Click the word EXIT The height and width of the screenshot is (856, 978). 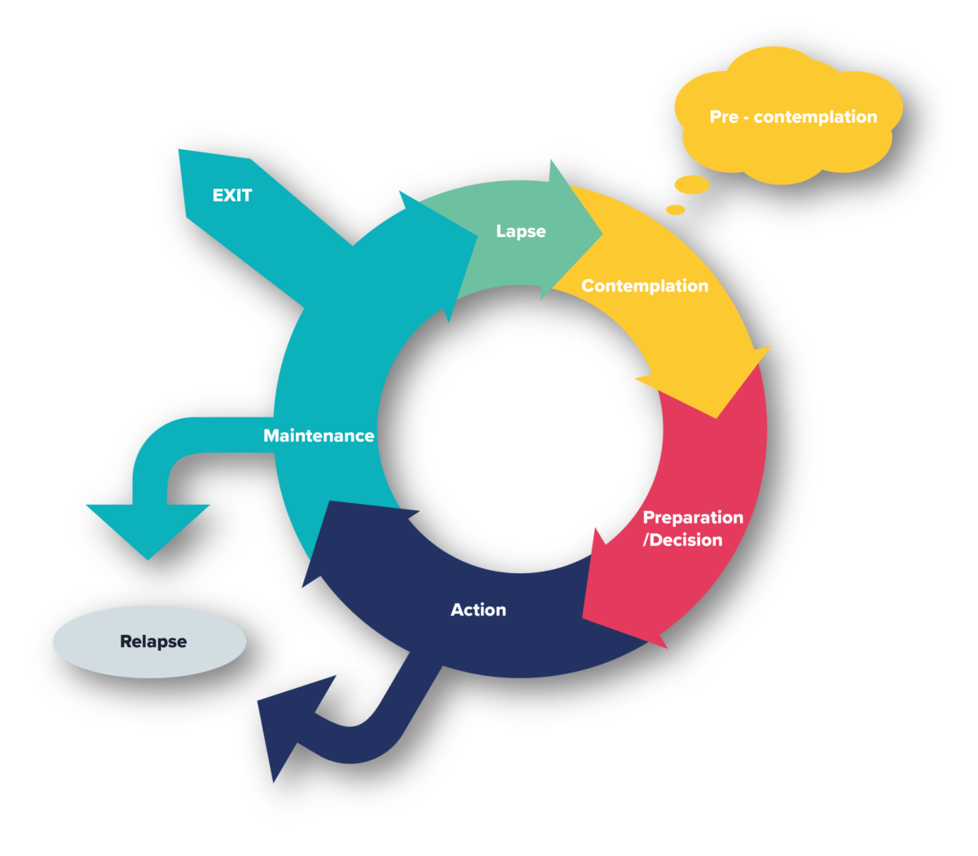[x=232, y=196]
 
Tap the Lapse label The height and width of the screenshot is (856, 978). [x=521, y=232]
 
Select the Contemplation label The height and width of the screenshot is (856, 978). [x=645, y=286]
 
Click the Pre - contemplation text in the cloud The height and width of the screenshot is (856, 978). [x=793, y=117]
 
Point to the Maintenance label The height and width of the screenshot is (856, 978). [x=319, y=436]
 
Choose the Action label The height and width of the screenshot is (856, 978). [x=478, y=610]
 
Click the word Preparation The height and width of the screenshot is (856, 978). [x=693, y=518]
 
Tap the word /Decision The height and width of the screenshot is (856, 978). [x=683, y=540]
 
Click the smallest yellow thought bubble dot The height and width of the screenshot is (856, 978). [x=676, y=210]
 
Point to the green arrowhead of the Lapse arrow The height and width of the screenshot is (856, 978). [x=575, y=228]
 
